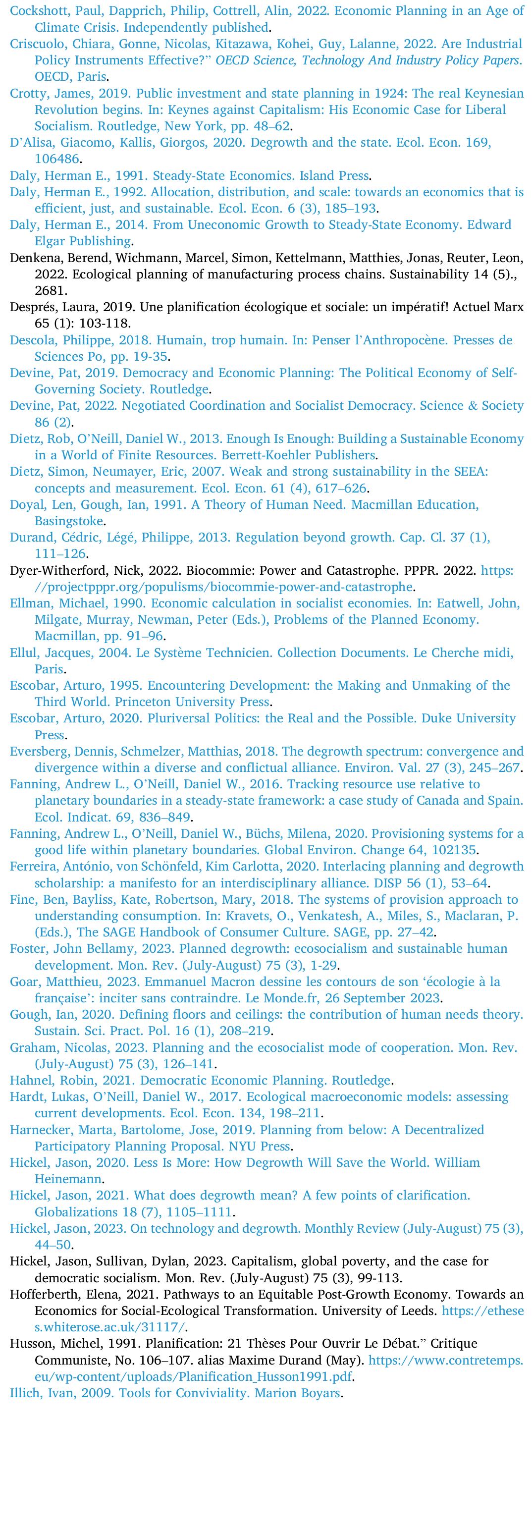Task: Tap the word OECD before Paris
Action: click(x=50, y=77)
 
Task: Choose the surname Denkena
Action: click(x=33, y=258)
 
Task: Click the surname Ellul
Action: click(x=24, y=653)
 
